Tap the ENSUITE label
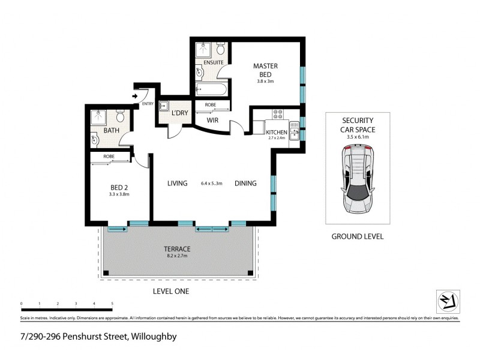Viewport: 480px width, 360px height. (213, 62)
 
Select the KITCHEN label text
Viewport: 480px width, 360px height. (277, 132)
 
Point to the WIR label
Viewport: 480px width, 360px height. (212, 121)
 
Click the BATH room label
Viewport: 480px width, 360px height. (111, 130)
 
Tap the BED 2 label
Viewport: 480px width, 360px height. (119, 187)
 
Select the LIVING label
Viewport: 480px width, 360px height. (178, 184)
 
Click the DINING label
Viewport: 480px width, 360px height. (246, 184)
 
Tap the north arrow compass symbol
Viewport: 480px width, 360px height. (447, 300)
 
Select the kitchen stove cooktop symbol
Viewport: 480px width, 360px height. (278, 113)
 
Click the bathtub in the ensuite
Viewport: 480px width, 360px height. (210, 90)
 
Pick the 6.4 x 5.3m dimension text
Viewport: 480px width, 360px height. (211, 184)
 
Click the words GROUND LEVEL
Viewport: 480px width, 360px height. (357, 236)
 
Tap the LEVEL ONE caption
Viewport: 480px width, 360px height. (171, 291)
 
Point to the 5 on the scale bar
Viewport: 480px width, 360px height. (112, 304)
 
